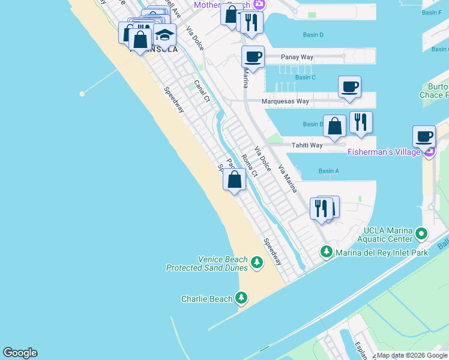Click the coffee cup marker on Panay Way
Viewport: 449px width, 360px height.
point(253,57)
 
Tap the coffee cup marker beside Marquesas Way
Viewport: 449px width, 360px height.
point(349,87)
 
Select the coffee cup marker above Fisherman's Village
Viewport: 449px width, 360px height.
point(424,136)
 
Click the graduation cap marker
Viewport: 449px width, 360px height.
point(164,35)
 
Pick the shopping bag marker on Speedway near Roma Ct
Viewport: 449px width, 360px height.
point(234,179)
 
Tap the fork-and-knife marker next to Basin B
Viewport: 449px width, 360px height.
point(361,122)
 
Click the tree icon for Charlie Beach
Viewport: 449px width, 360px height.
point(241,297)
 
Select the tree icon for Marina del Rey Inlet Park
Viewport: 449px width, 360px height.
point(326,251)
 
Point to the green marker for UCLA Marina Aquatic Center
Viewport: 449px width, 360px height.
point(421,232)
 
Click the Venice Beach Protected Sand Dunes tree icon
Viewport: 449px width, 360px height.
point(257,262)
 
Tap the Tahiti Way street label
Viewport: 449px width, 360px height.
point(307,145)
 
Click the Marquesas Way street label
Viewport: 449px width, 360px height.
point(285,101)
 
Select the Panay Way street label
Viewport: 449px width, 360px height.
point(297,57)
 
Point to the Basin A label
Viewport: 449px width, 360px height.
point(329,171)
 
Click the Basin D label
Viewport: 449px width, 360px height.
point(313,35)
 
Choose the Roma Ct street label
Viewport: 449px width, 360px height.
point(249,166)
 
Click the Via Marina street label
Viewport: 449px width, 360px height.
point(287,178)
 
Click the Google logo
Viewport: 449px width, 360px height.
point(20,353)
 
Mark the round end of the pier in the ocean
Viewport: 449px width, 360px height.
point(82,94)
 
